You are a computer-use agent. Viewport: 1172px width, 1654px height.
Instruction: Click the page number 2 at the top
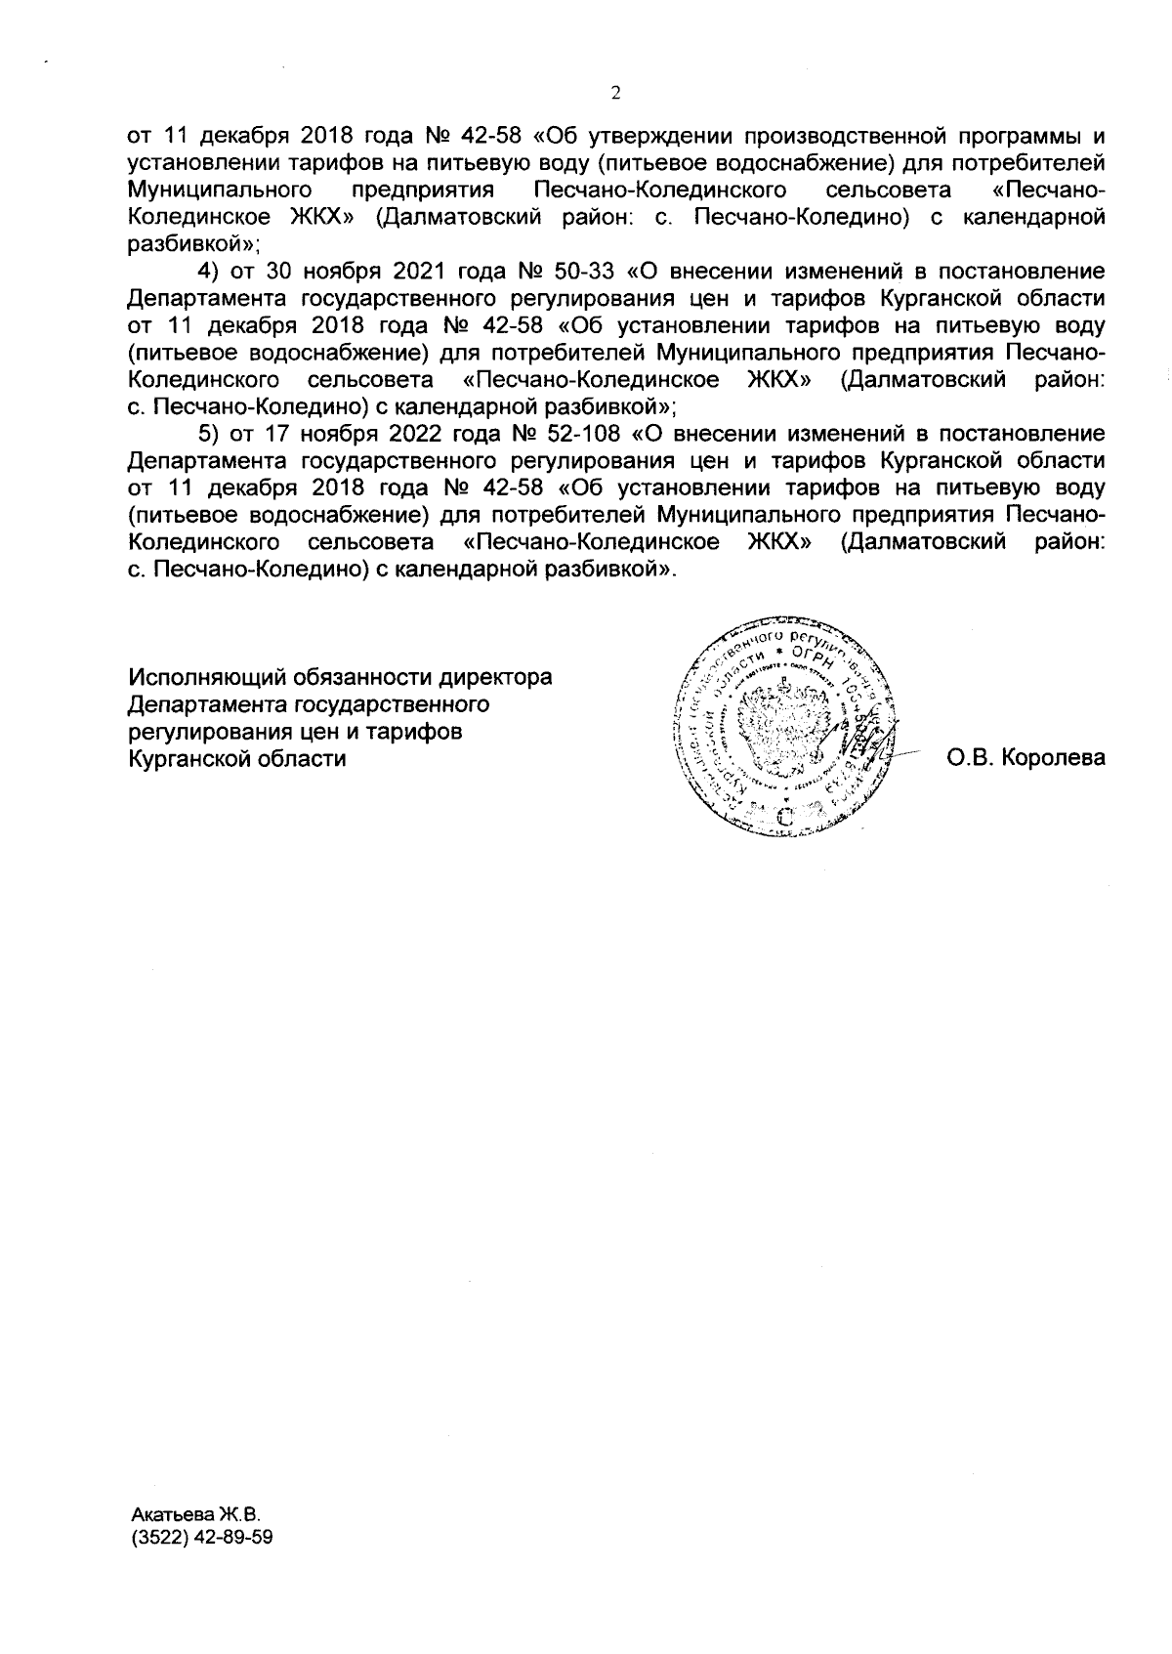point(614,94)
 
